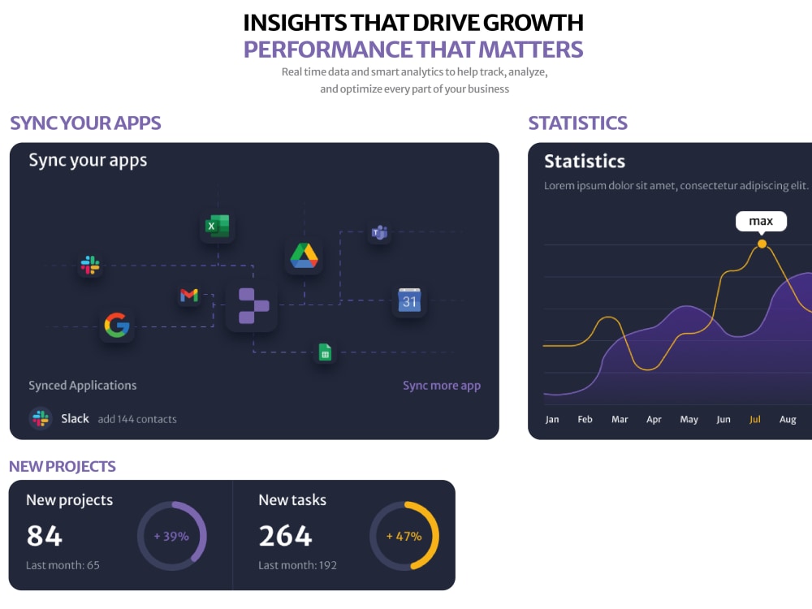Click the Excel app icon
point(218,226)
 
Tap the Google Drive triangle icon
point(304,255)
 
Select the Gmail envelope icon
point(189,296)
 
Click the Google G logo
point(117,326)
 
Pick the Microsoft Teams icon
point(379,232)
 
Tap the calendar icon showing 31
point(409,300)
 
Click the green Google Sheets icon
point(325,352)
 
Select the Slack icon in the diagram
point(90,266)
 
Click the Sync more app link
point(442,386)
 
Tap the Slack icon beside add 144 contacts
point(41,418)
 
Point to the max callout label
point(761,221)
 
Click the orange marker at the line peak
point(762,244)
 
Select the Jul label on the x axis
point(755,419)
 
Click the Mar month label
point(620,419)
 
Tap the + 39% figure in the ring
point(171,537)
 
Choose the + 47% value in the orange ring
point(404,537)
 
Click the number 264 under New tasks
point(285,536)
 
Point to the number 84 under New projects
point(45,536)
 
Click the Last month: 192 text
point(297,565)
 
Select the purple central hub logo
point(253,305)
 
